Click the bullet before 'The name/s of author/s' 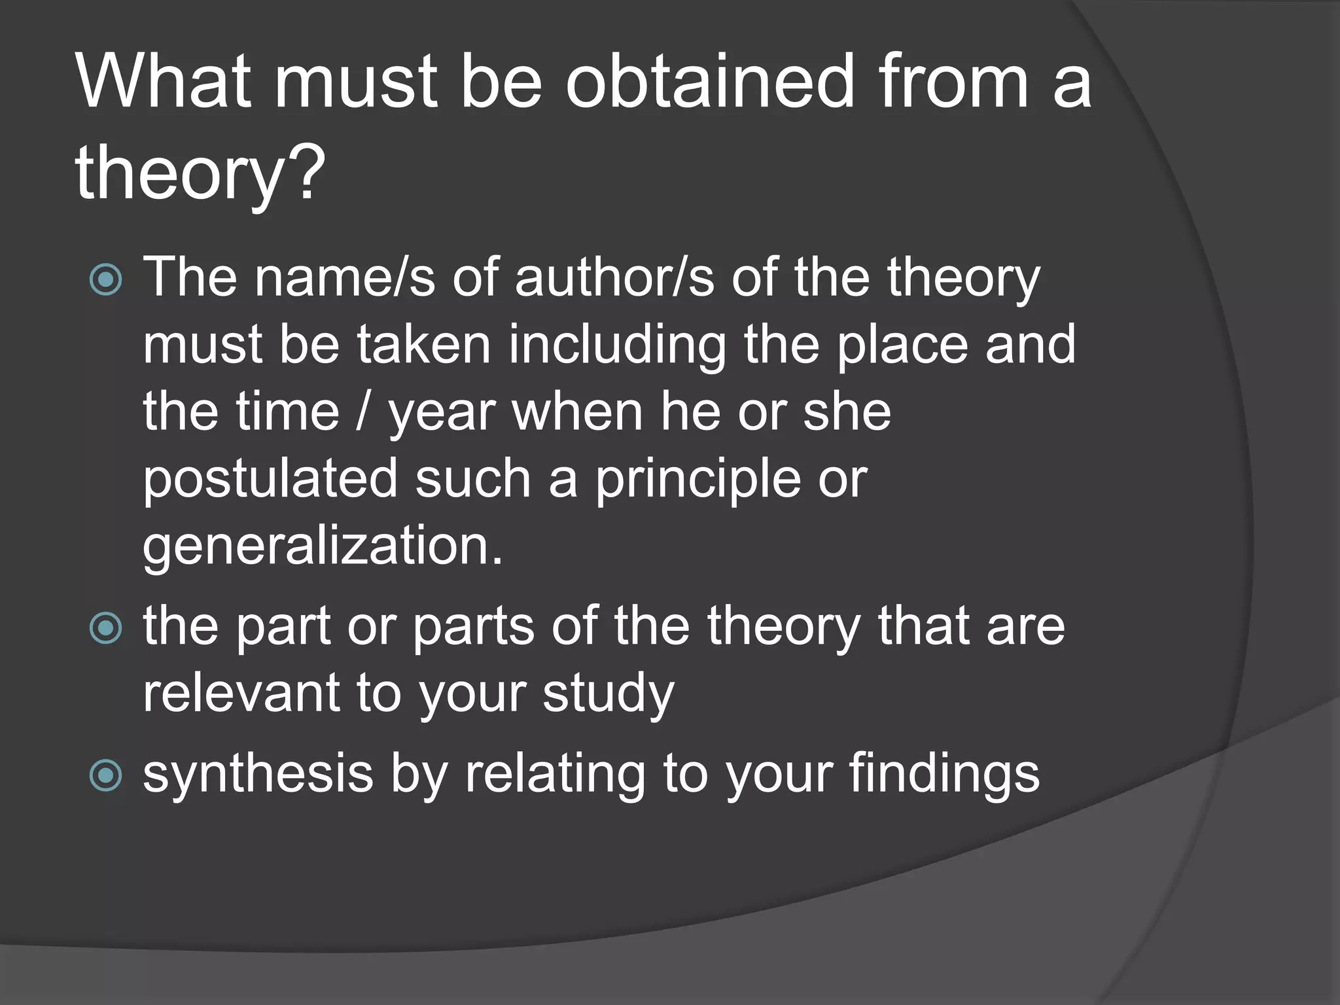(105, 280)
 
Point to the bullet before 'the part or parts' (105, 628)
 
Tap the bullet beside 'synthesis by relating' (105, 775)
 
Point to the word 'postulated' (270, 480)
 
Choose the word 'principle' (697, 480)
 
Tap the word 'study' (608, 694)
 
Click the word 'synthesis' (258, 775)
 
